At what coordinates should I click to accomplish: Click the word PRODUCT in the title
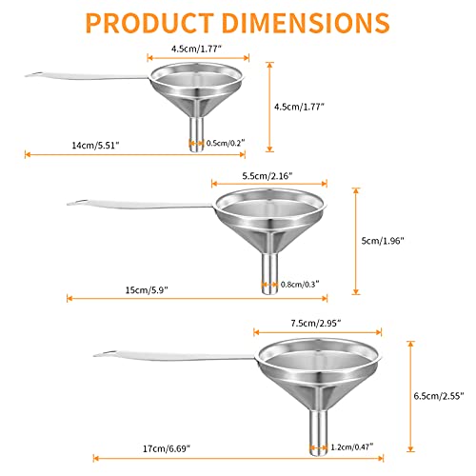click(x=149, y=23)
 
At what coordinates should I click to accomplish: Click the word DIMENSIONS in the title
click(x=307, y=23)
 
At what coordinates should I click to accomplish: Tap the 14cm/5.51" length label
click(x=95, y=146)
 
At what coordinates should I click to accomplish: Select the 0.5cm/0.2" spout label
click(x=226, y=143)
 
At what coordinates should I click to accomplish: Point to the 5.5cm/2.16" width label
click(x=268, y=176)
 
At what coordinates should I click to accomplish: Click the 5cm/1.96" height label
click(x=383, y=241)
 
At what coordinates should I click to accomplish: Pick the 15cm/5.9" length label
click(x=147, y=289)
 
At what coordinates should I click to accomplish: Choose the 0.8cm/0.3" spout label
click(x=300, y=284)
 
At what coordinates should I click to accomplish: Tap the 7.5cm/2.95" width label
click(x=316, y=324)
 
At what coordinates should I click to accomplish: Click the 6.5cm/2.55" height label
click(x=439, y=396)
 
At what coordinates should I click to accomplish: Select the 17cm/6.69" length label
click(x=167, y=448)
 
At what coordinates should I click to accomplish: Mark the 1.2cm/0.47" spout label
click(x=352, y=446)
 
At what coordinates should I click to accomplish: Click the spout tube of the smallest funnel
click(x=196, y=134)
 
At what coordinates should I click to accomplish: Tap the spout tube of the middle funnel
click(x=269, y=273)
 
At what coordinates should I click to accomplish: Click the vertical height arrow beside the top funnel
click(x=269, y=107)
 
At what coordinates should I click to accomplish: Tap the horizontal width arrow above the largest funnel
click(x=317, y=332)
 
